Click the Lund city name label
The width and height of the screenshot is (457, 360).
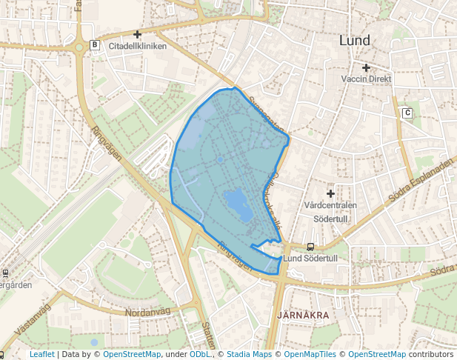354,41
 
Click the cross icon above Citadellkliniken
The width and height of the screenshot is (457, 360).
137,34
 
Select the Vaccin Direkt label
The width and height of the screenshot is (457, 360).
366,79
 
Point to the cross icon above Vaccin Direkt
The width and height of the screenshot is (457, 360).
366,67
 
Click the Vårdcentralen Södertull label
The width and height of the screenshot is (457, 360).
330,210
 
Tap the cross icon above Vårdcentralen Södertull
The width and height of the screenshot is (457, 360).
330,193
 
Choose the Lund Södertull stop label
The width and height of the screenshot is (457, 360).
310,259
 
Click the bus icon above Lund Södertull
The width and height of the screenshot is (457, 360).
310,247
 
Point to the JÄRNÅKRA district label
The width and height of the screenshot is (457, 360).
302,316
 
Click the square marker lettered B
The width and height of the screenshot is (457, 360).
94,45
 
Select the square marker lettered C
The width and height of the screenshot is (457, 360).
407,113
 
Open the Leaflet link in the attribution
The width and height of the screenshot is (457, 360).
41,355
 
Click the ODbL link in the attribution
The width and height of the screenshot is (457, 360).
199,355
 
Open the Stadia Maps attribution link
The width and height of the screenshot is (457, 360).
249,355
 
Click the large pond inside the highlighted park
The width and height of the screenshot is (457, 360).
236,201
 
